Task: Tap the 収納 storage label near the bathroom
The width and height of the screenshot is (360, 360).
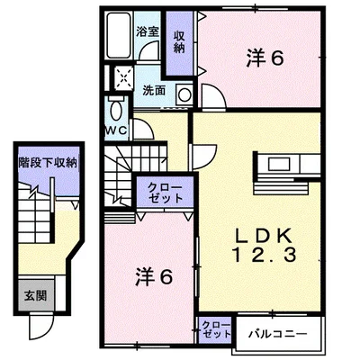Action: click(179, 41)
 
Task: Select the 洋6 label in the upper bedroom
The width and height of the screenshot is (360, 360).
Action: click(265, 59)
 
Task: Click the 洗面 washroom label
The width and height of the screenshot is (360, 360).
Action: click(153, 91)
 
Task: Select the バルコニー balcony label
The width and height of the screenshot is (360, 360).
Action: click(279, 333)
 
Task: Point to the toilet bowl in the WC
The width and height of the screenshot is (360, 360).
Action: click(117, 112)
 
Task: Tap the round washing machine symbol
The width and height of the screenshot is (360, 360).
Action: click(184, 93)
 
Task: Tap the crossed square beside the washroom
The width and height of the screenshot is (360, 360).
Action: click(123, 79)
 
